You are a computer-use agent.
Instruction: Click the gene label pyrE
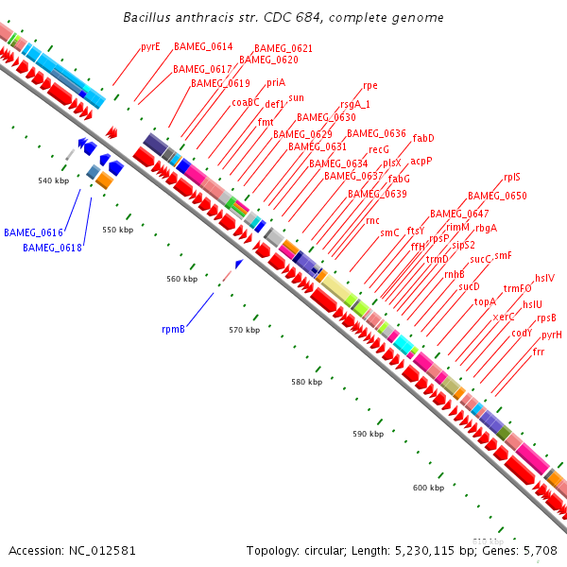coord(150,46)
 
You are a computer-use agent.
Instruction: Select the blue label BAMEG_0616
coord(33,232)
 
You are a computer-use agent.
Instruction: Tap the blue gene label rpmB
coord(173,330)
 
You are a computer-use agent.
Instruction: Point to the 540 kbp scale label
coord(54,180)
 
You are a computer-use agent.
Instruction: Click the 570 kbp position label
coord(244,330)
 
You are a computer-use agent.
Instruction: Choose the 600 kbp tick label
coord(428,488)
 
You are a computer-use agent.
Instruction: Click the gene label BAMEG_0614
coord(203,46)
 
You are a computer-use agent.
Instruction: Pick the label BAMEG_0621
coord(283,48)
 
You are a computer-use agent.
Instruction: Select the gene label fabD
coord(423,138)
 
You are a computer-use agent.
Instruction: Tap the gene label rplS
coord(512,177)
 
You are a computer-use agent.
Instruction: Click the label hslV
coord(544,278)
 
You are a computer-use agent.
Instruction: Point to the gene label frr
coord(539,352)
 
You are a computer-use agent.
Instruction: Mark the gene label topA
coord(485,302)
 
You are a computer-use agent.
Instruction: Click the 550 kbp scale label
coord(118,230)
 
